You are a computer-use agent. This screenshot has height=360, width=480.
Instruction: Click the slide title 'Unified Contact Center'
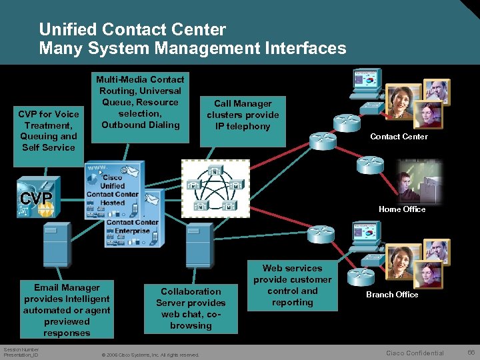click(132, 29)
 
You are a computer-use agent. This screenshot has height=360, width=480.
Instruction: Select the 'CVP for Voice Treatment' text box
click(49, 131)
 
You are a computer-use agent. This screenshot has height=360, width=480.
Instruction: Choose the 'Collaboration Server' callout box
click(191, 307)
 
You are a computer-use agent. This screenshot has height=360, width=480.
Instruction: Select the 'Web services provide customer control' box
click(292, 286)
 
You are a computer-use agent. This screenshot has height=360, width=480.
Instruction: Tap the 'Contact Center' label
click(399, 137)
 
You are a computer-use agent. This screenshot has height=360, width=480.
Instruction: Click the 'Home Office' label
click(401, 209)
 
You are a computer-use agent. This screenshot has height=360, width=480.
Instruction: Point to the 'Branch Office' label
click(392, 295)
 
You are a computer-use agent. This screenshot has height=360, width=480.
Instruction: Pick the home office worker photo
click(417, 181)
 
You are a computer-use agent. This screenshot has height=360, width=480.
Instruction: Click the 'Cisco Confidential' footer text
click(415, 353)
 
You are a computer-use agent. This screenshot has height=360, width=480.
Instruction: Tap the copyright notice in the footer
click(149, 355)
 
